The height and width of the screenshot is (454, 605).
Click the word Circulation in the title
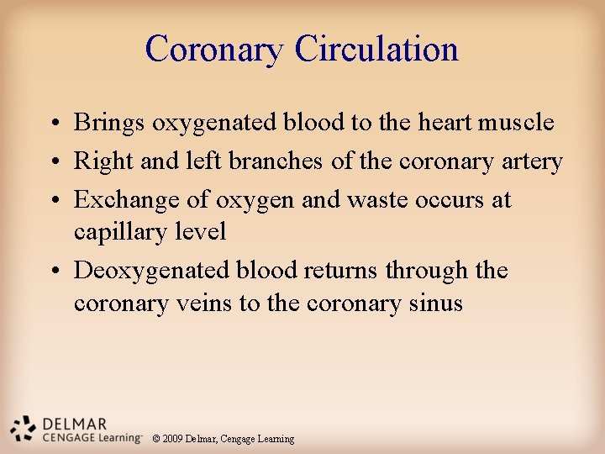[376, 49]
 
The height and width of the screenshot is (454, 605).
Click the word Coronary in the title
[215, 49]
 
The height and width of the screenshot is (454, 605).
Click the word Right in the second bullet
[99, 161]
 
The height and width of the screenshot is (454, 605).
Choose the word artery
[527, 161]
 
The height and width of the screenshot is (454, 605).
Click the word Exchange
[125, 200]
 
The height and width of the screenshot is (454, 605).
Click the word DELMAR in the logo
[76, 423]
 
